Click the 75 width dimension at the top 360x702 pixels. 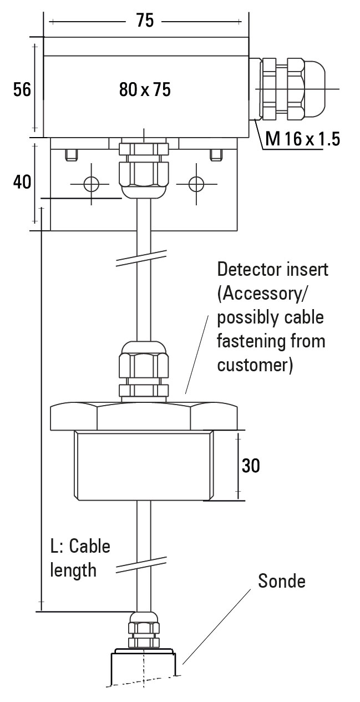[145, 21]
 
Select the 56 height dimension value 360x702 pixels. [22, 89]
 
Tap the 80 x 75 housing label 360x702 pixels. [145, 89]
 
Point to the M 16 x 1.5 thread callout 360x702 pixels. [302, 139]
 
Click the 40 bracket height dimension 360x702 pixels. [22, 181]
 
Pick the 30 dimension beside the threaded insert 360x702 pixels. [251, 466]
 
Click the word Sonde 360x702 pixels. [282, 581]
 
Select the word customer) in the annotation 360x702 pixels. [255, 366]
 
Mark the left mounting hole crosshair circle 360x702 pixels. [91, 184]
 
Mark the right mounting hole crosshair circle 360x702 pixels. [196, 184]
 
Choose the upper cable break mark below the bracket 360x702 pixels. [141, 258]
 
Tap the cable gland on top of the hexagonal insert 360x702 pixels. [144, 369]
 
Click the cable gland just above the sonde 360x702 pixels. [144, 629]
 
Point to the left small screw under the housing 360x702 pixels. [70, 154]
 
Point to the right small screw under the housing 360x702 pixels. [216, 154]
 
